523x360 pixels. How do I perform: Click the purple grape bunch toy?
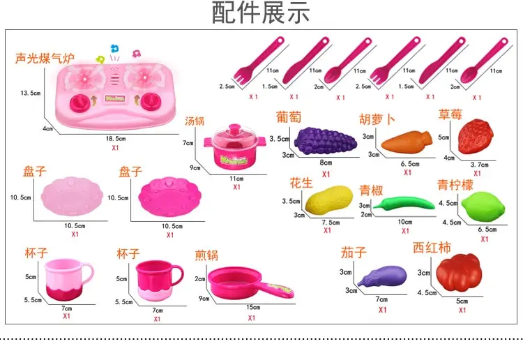(326, 141)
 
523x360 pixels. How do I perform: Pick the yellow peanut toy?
(329, 201)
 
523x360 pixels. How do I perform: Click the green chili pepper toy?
(404, 204)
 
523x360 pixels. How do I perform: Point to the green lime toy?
(483, 207)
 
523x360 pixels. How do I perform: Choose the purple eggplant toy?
(383, 276)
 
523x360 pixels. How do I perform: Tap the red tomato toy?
(460, 272)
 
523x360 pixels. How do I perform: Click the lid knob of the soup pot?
(234, 128)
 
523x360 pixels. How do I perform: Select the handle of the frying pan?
(277, 290)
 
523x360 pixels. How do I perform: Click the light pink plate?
(72, 196)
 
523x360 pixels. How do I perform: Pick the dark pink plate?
(169, 197)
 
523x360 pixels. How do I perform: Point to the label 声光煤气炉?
(45, 58)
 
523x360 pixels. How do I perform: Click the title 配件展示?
(261, 13)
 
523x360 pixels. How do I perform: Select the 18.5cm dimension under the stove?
(116, 138)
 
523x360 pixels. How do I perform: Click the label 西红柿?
(432, 248)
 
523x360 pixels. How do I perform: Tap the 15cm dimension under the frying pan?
(253, 307)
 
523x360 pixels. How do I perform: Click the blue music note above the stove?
(115, 49)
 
